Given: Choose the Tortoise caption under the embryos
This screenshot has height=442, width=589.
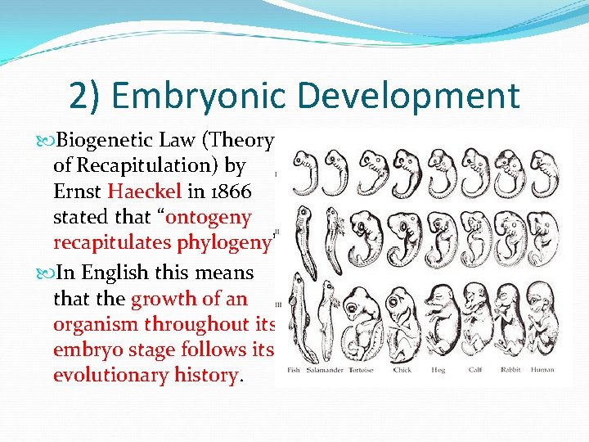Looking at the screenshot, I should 361,370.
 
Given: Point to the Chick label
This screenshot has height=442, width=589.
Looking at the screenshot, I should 402,370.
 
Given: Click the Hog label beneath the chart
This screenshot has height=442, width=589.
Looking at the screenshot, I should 439,370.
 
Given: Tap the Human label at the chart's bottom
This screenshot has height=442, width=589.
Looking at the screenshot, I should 542,370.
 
